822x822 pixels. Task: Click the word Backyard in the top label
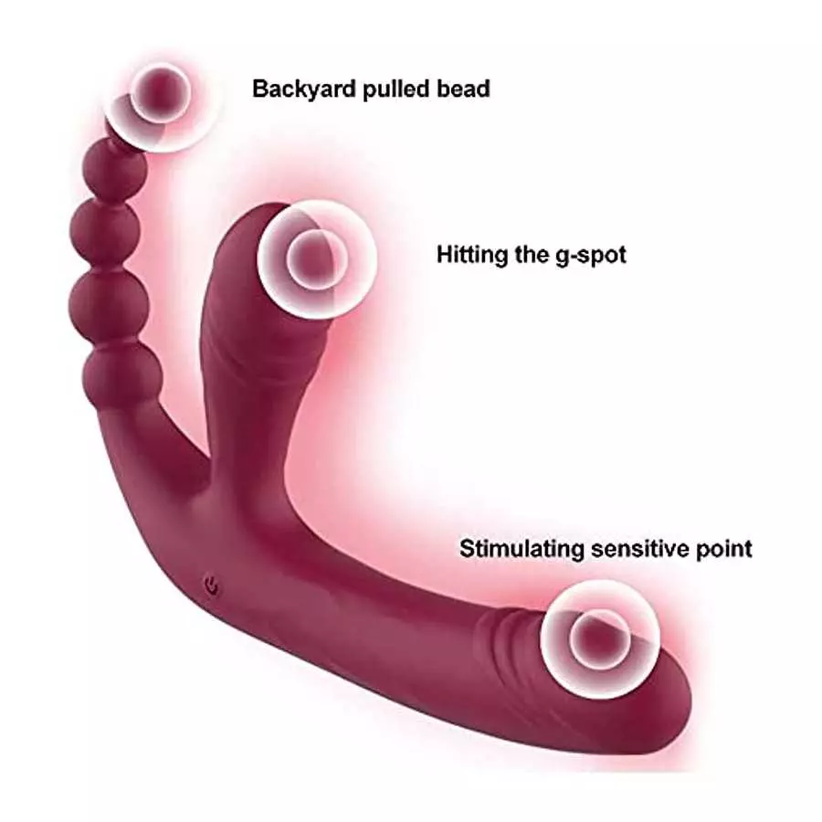click(304, 90)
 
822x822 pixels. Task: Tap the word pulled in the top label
click(396, 90)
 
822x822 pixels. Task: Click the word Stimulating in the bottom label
click(522, 549)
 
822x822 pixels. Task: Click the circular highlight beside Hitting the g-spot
click(317, 259)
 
